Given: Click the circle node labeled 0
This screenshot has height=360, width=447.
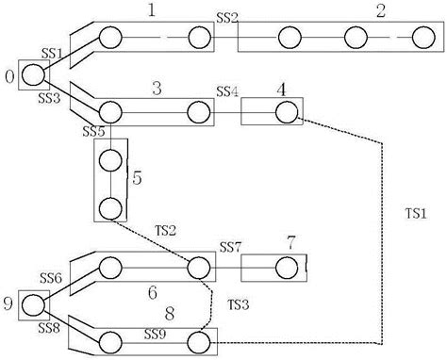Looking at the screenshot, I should pos(32,76).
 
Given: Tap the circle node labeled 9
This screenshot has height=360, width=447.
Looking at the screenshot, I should pos(33,304).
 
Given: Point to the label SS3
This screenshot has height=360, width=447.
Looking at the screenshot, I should pos(49,97).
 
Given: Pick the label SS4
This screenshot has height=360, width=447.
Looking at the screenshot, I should pos(227,91).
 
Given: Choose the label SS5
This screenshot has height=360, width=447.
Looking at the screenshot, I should pos(92,130).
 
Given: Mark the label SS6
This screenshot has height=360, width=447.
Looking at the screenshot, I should pos(51,278).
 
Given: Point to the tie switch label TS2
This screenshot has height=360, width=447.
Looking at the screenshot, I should pos(166,229).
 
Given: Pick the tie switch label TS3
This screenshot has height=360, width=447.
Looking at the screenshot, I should pos(239,303).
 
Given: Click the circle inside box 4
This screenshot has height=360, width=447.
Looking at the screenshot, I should pos(285,112).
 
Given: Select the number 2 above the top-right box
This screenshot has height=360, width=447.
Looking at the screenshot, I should pos(379,11).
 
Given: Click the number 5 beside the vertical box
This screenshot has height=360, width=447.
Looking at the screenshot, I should pos(138,176).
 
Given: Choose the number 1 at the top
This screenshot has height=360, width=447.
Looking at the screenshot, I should pos(153,10).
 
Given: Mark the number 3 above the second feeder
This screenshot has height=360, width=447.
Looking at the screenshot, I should pos(157,87).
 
